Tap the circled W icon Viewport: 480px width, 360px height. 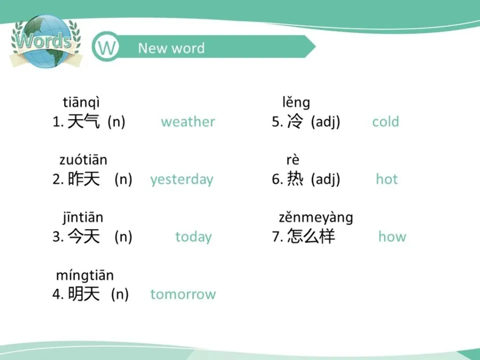(106, 48)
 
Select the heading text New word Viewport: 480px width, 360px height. (171, 48)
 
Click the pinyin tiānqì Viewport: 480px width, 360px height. (81, 102)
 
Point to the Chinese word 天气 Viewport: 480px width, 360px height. (83, 122)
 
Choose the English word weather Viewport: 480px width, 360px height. (188, 122)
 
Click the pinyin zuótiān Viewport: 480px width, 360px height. (83, 160)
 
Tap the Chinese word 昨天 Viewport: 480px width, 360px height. (83, 179)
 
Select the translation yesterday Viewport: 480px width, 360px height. (181, 179)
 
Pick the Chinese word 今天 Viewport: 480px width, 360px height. (83, 237)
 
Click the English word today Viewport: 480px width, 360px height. (193, 237)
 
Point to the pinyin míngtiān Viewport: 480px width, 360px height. (84, 275)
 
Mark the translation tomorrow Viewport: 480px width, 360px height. (183, 294)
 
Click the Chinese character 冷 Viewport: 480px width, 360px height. (295, 122)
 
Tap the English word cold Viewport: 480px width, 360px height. (385, 122)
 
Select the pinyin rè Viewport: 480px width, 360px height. (292, 160)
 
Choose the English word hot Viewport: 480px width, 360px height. (386, 179)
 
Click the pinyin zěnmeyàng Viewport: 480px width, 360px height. (315, 218)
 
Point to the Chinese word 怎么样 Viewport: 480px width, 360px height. (310, 237)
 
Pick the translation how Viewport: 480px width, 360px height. (392, 237)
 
